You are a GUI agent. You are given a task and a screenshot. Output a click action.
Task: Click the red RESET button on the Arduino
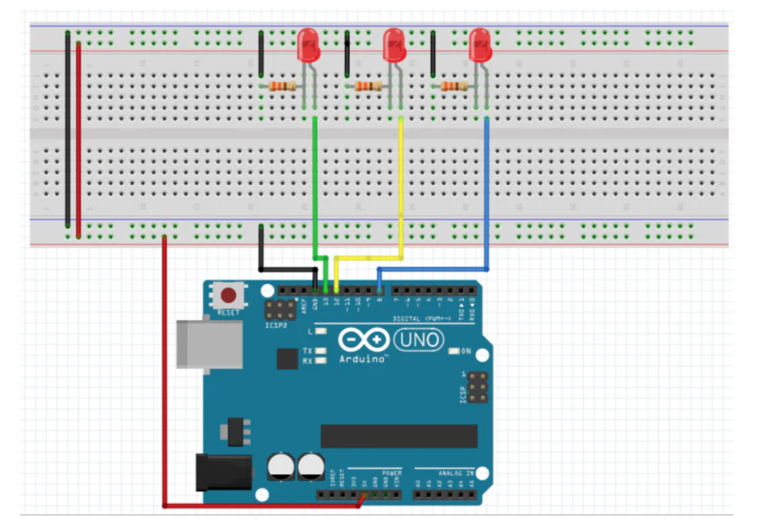229,294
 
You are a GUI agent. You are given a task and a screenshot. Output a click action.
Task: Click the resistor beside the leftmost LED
283,87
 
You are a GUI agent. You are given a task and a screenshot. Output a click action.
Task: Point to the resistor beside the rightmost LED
455,87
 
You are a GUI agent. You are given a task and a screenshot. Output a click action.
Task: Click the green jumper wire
316,186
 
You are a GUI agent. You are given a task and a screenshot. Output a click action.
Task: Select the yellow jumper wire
401,186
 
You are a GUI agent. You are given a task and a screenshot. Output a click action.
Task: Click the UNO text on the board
417,341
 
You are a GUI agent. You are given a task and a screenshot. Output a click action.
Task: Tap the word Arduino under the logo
363,359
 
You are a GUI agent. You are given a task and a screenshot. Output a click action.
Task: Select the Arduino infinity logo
363,341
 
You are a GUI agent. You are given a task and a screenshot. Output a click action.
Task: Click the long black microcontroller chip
399,436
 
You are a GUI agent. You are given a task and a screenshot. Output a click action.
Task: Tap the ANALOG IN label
456,474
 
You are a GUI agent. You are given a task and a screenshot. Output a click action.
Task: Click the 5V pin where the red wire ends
364,494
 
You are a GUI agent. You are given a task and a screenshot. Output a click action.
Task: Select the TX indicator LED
321,350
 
